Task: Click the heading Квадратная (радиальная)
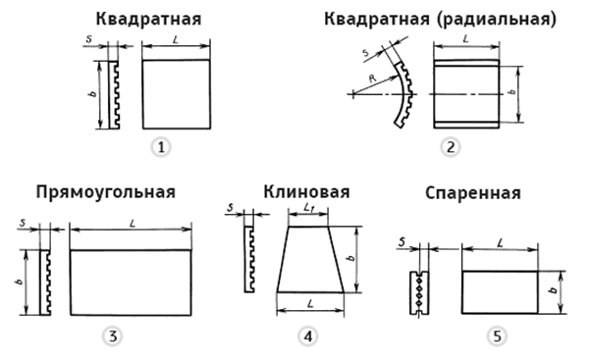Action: point(440,20)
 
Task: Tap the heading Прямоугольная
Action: point(106,193)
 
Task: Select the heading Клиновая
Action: point(306,192)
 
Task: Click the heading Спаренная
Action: point(473,193)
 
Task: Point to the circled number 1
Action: point(161,147)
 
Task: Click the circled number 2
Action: point(451,147)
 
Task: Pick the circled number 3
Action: point(113,336)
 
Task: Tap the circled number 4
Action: point(308,336)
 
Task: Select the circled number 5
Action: point(498,336)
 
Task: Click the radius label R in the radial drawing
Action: point(373,78)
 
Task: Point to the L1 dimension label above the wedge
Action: point(309,208)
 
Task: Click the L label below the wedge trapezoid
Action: point(310,303)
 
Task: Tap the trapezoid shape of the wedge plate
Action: point(310,259)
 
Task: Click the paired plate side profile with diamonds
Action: point(419,292)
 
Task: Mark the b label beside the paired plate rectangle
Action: point(552,290)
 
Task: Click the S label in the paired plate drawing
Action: point(402,242)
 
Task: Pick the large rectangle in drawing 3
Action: point(131,283)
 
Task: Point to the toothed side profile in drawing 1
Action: point(114,95)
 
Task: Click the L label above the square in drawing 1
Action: point(176,40)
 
